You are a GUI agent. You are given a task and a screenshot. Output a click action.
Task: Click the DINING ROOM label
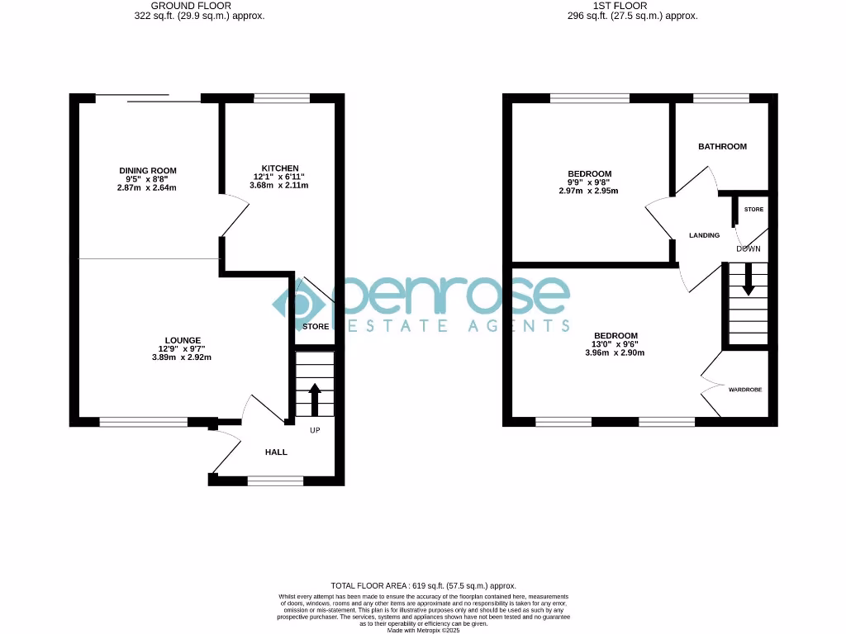147,171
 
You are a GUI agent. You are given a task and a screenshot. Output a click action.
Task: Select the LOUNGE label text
183,340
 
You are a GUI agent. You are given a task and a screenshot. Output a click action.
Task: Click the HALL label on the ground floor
276,452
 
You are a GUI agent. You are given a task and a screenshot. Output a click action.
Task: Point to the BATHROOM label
722,147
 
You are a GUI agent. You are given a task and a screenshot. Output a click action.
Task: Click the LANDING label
705,236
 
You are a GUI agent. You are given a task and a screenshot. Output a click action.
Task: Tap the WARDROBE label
745,388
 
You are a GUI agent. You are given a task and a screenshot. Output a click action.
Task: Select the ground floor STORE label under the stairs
316,327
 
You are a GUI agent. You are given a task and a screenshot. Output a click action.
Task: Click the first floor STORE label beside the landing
753,210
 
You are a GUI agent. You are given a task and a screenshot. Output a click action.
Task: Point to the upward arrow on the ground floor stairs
315,400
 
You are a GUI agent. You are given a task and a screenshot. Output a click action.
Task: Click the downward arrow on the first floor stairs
749,280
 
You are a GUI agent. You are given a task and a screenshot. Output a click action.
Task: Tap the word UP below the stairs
315,431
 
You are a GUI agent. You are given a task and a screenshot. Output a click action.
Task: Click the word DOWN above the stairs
749,248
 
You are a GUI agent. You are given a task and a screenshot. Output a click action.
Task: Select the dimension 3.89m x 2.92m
183,357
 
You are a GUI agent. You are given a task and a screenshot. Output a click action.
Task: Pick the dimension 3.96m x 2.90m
615,352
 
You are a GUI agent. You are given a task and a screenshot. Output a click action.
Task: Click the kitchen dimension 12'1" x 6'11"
279,177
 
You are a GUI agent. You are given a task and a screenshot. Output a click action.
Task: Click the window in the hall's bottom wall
275,480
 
